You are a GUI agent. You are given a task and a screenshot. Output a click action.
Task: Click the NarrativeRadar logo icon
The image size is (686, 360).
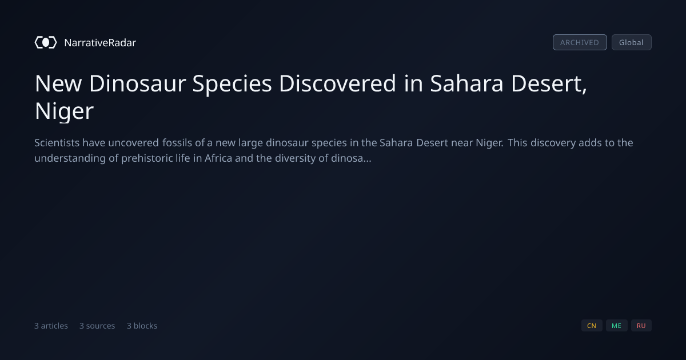coord(46,42)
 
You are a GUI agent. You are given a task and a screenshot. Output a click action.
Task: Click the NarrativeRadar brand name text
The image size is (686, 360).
coord(100,42)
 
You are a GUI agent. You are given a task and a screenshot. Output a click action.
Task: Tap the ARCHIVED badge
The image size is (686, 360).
coord(580,42)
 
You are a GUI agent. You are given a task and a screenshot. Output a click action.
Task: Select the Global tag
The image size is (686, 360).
coord(632,42)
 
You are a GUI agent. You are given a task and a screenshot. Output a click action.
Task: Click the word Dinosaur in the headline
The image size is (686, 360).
coord(138,83)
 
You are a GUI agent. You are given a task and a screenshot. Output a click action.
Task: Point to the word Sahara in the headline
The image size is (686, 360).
coord(466,83)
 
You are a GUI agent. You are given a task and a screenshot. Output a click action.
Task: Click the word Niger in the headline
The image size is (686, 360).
coord(64,111)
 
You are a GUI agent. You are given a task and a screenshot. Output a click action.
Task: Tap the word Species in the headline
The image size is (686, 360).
coord(232,84)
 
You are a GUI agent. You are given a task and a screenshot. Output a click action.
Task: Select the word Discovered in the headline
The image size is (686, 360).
coord(337,83)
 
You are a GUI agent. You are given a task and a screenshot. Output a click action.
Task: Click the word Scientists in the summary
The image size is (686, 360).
coord(57,143)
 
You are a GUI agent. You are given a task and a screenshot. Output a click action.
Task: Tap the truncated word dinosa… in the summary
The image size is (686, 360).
coord(351,158)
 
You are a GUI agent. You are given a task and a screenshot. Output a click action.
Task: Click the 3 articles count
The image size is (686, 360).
coord(51,326)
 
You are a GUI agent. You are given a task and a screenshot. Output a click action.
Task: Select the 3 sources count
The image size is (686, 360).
coord(97,326)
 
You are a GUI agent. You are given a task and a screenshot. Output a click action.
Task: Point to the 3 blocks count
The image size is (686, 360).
coord(142,326)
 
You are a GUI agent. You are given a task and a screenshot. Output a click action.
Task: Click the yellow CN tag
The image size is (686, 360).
coord(592,325)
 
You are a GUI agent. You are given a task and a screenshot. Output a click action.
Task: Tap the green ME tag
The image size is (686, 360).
coord(616,325)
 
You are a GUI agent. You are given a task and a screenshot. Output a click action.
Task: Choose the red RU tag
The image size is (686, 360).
coord(641,325)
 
